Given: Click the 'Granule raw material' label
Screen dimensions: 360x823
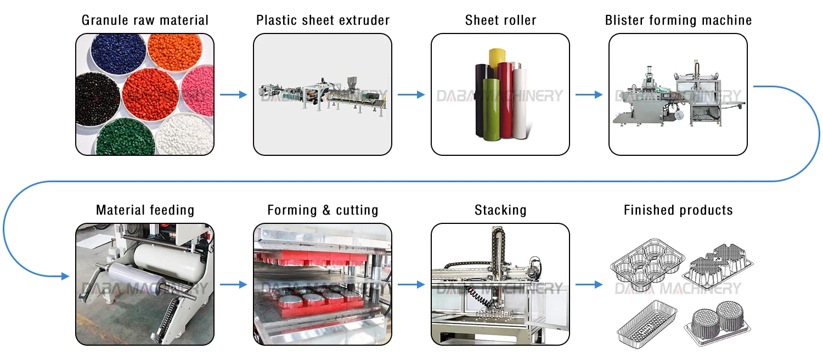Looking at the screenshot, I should [145, 21].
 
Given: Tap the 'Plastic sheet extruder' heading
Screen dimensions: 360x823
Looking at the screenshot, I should [323, 21].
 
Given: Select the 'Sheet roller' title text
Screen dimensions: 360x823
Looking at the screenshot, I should [500, 21].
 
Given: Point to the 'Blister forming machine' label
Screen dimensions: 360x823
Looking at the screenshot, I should [678, 21].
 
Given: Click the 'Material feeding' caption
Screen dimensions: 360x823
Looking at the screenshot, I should [145, 210].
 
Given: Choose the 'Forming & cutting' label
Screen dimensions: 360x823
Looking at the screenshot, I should [323, 210].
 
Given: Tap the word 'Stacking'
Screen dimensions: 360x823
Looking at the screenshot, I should [500, 210].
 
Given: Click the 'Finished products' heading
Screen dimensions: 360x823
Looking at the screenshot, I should [678, 210].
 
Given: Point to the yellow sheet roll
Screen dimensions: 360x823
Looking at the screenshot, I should [500, 71].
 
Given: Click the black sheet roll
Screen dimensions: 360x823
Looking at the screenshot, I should [483, 99].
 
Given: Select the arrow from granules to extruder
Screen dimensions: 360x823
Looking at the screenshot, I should [233, 95].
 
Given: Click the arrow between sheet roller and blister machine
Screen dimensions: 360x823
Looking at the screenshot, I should [589, 95].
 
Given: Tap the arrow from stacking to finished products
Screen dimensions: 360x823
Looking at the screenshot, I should [589, 285].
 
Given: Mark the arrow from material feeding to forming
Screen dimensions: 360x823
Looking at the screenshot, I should [233, 285].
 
